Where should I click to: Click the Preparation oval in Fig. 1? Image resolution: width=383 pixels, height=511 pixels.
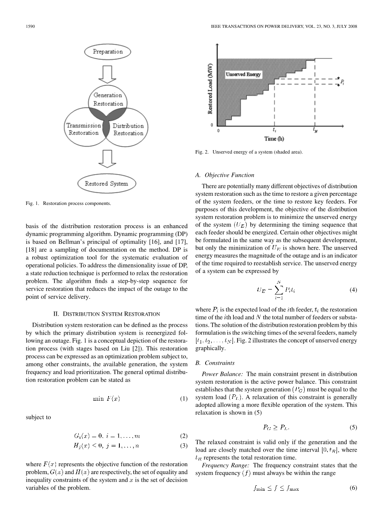pyautogui.click(x=108, y=52)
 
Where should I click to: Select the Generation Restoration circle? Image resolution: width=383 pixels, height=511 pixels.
pyautogui.click(x=108, y=100)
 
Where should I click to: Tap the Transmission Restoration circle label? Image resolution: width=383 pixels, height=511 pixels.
pyautogui.click(x=84, y=129)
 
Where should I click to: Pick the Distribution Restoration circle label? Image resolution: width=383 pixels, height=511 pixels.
pyautogui.click(x=128, y=129)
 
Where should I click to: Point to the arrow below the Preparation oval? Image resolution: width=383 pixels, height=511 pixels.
pyautogui.click(x=108, y=74)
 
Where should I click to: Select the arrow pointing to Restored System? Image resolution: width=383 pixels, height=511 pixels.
pyautogui.click(x=108, y=161)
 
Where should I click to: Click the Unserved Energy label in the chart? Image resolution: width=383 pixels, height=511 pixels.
pyautogui.click(x=243, y=75)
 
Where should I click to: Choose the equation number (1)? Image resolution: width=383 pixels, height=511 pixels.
pyautogui.click(x=184, y=399)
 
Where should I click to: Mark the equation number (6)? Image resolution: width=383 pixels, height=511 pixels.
pyautogui.click(x=353, y=488)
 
